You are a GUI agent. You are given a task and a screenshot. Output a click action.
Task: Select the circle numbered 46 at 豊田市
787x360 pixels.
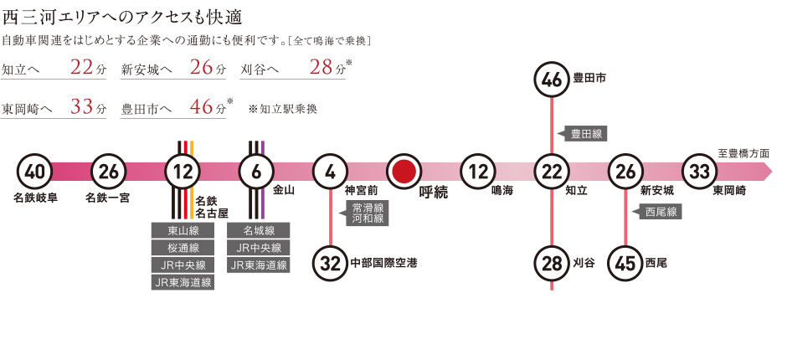tap(552, 80)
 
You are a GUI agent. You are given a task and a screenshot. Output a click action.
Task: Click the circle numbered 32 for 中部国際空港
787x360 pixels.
tap(331, 263)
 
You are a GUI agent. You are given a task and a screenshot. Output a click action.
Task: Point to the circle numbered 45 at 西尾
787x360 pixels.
tap(626, 263)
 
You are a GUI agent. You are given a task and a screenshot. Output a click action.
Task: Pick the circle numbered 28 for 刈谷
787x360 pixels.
tap(552, 263)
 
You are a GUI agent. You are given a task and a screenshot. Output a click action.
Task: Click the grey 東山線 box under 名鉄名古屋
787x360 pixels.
tap(183, 230)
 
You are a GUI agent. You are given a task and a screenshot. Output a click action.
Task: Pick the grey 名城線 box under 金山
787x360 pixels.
tap(259, 230)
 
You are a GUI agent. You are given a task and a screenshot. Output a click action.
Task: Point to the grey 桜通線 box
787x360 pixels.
tap(183, 248)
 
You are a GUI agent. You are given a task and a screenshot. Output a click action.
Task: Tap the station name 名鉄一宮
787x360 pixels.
tap(107, 200)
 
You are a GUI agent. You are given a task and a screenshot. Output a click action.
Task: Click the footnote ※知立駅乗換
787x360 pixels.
tap(283, 109)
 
